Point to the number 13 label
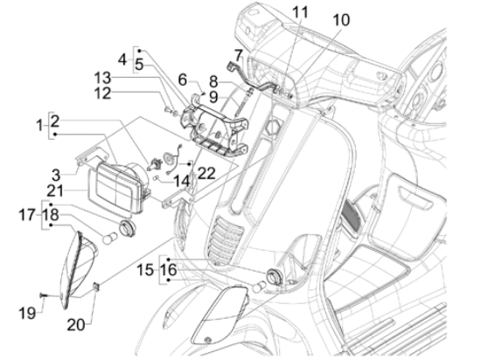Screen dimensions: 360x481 (128, 78)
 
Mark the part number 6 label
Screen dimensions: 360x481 (185, 78)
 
